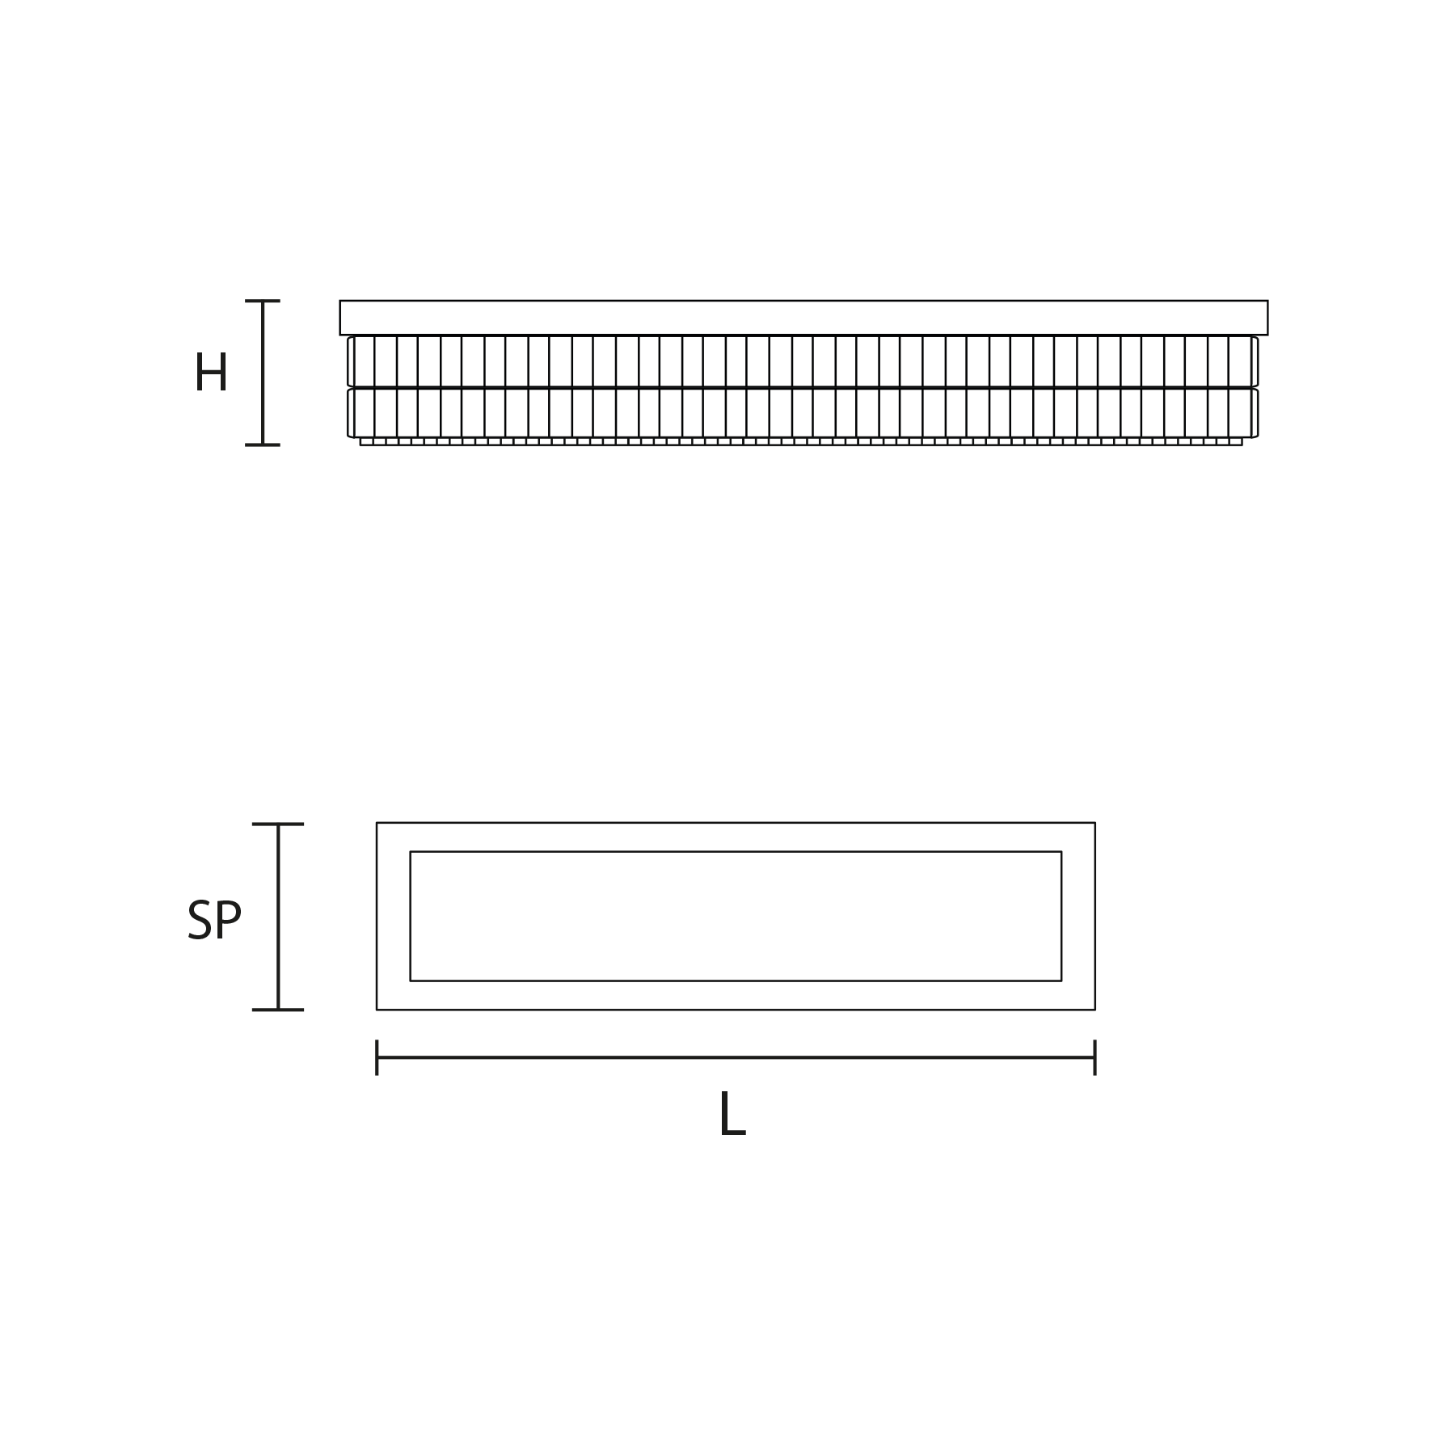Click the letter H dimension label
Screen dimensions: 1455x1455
tap(211, 373)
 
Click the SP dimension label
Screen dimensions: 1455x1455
tap(214, 920)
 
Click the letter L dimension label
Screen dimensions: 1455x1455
tap(732, 1114)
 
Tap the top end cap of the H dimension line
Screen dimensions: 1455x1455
tap(263, 301)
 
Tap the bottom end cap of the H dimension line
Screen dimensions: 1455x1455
tap(263, 445)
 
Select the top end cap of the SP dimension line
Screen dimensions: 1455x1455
tap(278, 824)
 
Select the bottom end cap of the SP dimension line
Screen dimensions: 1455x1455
tap(278, 1010)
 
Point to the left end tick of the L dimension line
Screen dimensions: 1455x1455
tap(377, 1057)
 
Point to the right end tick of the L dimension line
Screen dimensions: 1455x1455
tap(1094, 1057)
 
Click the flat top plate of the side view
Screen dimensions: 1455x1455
tap(803, 318)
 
